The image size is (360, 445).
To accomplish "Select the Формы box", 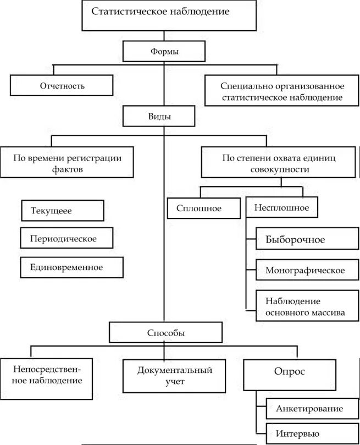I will coord(164,52).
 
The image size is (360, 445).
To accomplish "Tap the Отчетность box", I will coord(62,86).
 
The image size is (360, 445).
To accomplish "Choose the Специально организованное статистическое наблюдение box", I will coord(281,92).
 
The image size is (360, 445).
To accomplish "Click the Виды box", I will coord(159,117).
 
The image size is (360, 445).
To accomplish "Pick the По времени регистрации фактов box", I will coord(68,163).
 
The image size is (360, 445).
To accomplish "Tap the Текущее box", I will coord(62,210).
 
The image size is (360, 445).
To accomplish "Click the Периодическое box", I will coord(67,239).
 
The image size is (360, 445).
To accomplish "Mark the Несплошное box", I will coord(282,208).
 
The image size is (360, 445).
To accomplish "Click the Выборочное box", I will coord(303,240).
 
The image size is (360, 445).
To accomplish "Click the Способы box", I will coord(165,333).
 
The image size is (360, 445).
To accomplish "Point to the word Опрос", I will coord(290,372).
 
